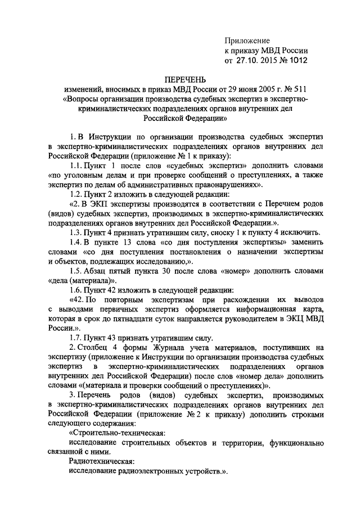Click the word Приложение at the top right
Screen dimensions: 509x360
247,40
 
